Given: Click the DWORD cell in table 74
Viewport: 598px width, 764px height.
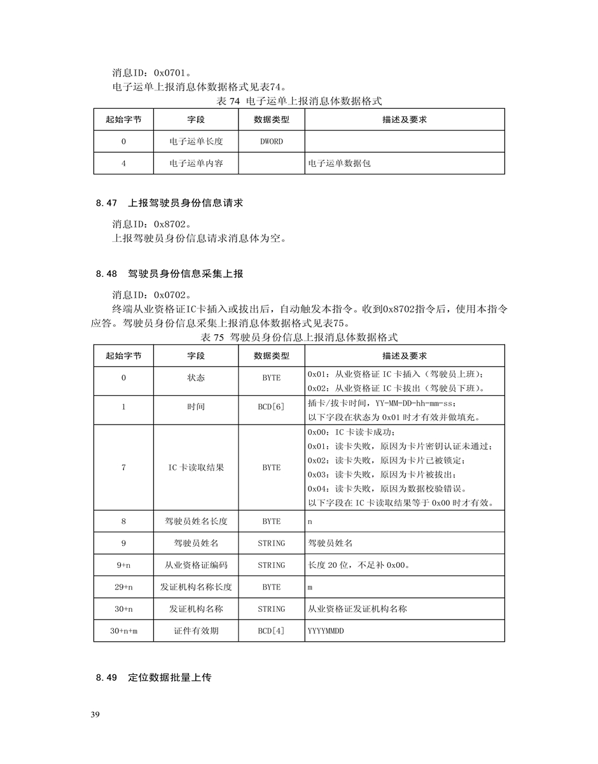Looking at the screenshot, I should point(271,141).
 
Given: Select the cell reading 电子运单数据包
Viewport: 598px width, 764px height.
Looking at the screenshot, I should point(339,164).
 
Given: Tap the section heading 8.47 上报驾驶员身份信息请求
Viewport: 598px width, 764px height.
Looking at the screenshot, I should point(170,204).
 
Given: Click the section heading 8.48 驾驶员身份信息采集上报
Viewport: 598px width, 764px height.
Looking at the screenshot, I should point(170,274).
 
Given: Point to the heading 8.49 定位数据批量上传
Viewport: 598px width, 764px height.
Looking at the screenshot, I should point(153,678).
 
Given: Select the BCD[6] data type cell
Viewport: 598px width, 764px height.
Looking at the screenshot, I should point(271,406).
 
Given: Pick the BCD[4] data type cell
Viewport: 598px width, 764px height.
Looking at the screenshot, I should point(271,630).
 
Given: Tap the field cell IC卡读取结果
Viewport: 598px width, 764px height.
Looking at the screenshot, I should point(195,467).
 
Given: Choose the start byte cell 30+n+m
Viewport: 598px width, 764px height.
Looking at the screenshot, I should point(123,630).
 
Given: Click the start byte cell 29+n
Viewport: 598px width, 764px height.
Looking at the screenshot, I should point(123,587).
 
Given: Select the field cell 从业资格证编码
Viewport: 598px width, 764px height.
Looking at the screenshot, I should point(195,565).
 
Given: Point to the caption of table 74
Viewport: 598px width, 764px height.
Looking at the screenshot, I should point(299,101).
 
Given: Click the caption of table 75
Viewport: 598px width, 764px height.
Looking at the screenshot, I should point(299,337).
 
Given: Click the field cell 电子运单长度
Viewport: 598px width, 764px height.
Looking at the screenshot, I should point(195,141).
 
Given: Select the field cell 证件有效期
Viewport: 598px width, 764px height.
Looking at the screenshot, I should point(195,630).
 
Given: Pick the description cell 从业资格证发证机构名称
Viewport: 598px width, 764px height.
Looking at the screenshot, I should point(357,609).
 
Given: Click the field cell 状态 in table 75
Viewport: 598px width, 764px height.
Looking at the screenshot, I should point(195,378).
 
